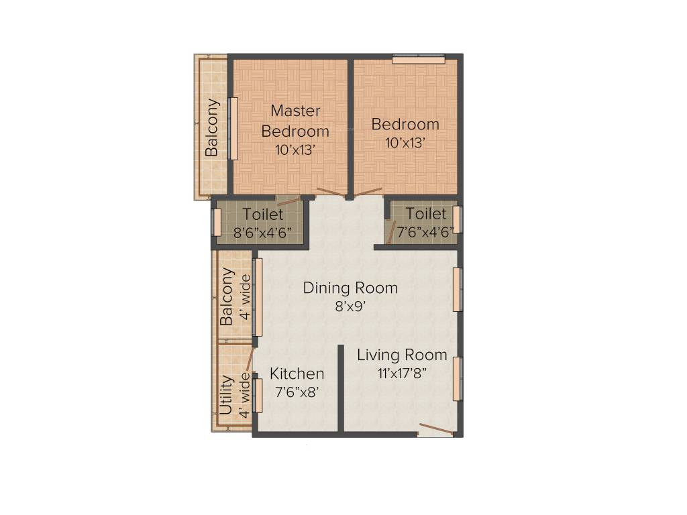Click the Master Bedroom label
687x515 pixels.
[x=295, y=121]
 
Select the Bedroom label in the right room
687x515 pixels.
[x=405, y=124]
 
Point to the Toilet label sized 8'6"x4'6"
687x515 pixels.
[x=263, y=215]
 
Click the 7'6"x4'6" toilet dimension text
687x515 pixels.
[x=425, y=233]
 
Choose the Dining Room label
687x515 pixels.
[x=350, y=288]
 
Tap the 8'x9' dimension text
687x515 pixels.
[x=350, y=306]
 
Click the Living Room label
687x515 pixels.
[x=402, y=355]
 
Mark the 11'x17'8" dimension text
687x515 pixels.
[x=402, y=374]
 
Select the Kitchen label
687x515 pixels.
[x=297, y=374]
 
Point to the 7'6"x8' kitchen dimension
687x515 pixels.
[x=297, y=392]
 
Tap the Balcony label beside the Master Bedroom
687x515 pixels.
[x=212, y=127]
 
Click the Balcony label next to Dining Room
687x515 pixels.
[x=227, y=296]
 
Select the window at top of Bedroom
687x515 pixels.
[x=419, y=59]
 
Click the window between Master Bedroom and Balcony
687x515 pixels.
[x=233, y=128]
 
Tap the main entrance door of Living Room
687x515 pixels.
[x=434, y=430]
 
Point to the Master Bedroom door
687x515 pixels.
[x=330, y=192]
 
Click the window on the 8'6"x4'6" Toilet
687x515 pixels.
[x=217, y=223]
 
